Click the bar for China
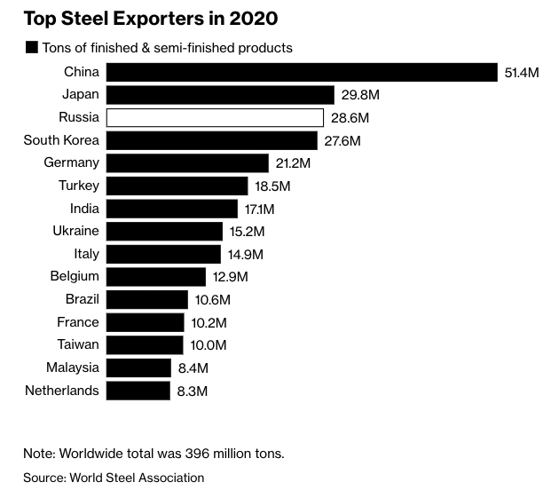[x=302, y=72]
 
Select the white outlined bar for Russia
[x=215, y=117]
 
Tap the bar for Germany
[x=187, y=162]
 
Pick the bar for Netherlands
[x=138, y=390]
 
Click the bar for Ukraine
[x=164, y=231]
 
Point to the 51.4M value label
[x=522, y=73]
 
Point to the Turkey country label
[x=78, y=186]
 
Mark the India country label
[x=84, y=208]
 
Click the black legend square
[x=32, y=47]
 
